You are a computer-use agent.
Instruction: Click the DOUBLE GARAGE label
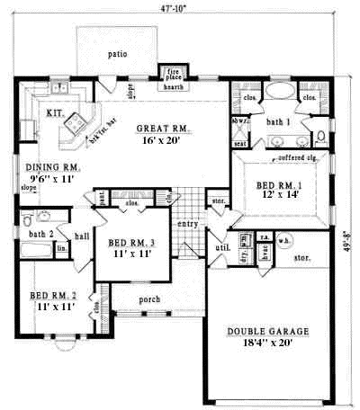pos(267,331)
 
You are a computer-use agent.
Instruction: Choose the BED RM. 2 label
pos(51,295)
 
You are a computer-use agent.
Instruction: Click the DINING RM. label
pos(53,167)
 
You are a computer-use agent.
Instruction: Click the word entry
pos(187,224)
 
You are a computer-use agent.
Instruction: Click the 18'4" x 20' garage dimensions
pos(267,343)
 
